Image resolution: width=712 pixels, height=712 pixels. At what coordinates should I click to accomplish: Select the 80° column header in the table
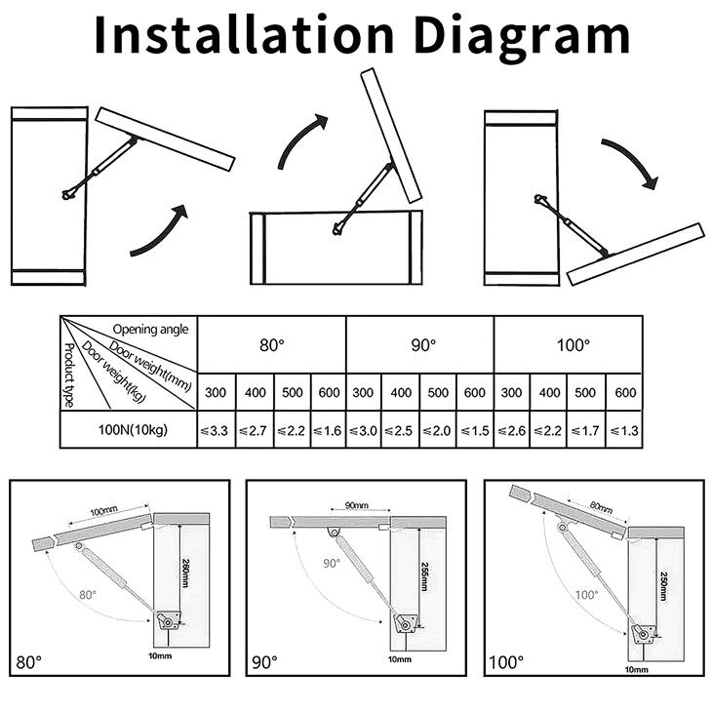[x=272, y=345]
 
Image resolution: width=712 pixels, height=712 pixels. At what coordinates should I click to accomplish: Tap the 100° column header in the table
[x=569, y=345]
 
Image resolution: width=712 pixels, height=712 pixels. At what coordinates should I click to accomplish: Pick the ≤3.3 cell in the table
[x=218, y=430]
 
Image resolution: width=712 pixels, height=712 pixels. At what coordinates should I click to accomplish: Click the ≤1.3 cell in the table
[x=623, y=430]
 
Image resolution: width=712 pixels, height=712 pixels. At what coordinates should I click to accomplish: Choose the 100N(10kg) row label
[x=130, y=430]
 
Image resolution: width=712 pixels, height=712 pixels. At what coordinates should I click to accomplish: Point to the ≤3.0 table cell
[x=365, y=430]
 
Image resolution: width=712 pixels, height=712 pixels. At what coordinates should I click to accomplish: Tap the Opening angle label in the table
[x=150, y=328]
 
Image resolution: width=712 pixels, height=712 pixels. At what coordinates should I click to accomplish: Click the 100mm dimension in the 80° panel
[x=103, y=513]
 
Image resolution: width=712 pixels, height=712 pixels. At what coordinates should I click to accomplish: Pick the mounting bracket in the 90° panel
[x=404, y=621]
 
